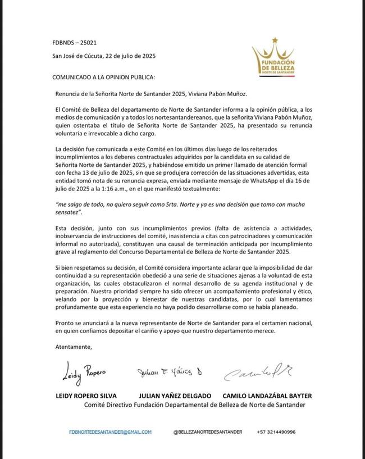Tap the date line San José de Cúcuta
pyautogui.click(x=104, y=56)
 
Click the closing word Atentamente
pyautogui.click(x=73, y=347)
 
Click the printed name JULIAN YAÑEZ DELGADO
pyautogui.click(x=175, y=396)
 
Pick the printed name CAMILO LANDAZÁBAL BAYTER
pyautogui.click(x=267, y=396)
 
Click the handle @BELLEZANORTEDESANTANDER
pyautogui.click(x=207, y=432)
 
